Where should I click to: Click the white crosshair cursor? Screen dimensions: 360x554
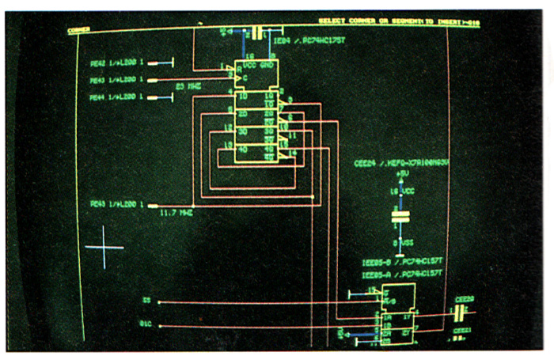point(104,247)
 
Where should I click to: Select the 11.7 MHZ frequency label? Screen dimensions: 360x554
point(176,212)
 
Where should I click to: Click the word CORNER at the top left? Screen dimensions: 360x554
point(78,30)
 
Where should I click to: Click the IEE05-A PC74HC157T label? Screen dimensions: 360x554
point(400,275)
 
